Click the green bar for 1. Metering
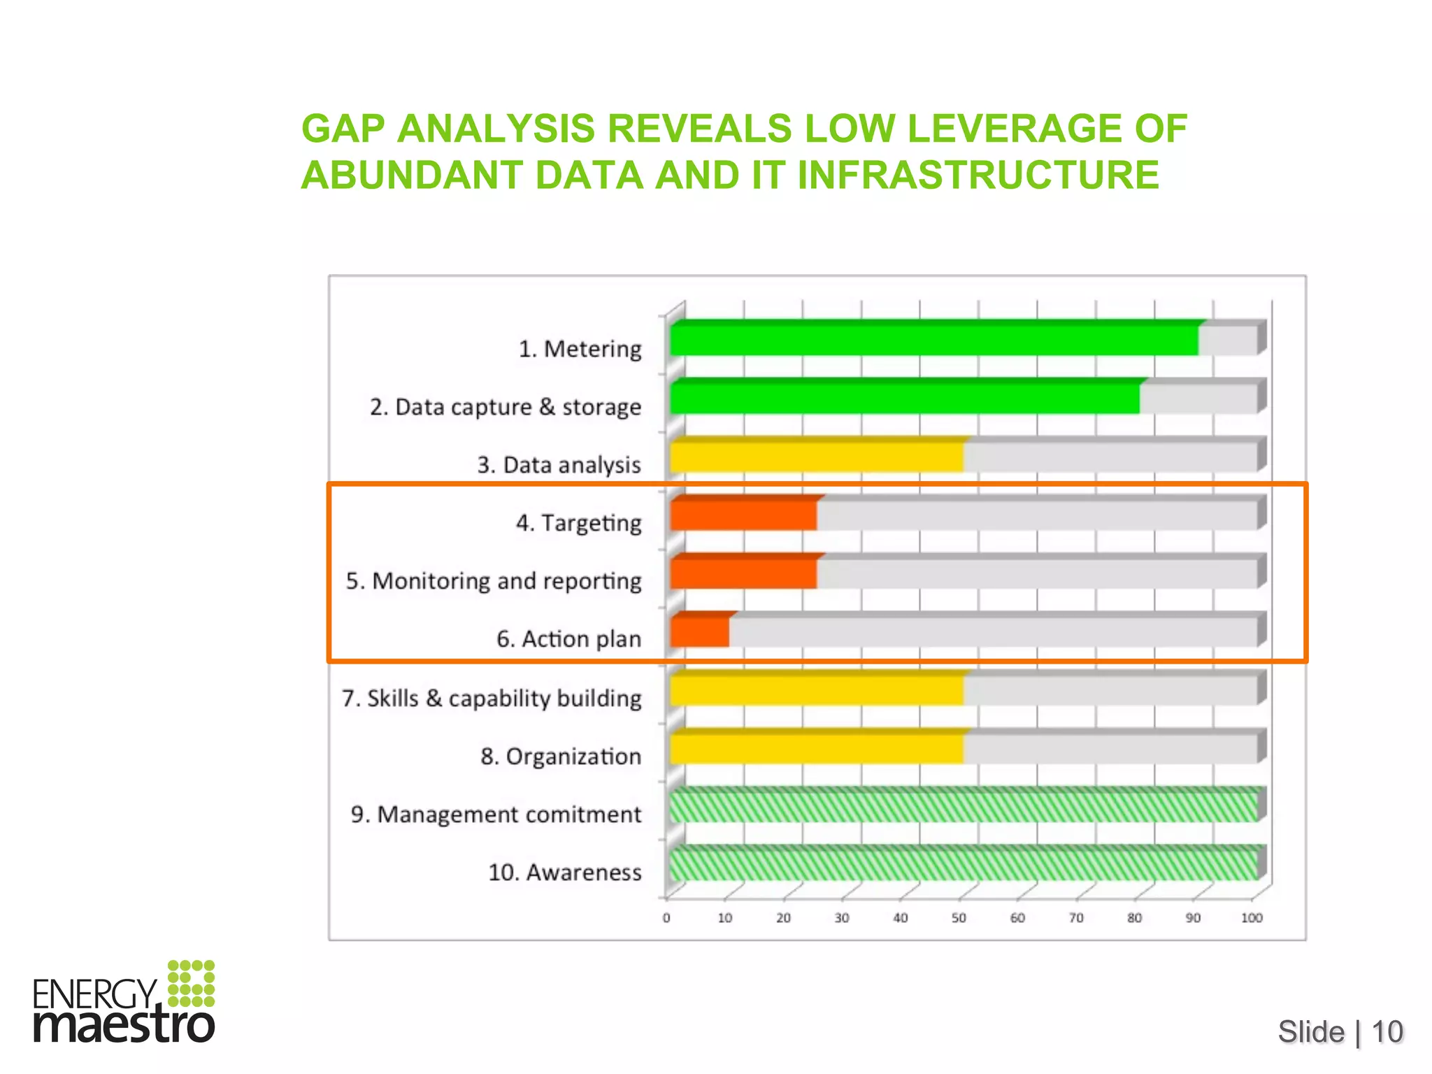coord(933,341)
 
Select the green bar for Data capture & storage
coord(904,399)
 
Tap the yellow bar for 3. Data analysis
coord(816,457)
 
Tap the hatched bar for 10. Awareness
coord(963,865)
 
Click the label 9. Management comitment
coord(496,815)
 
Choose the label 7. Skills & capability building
coord(492,699)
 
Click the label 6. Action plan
coord(568,639)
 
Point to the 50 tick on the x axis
coord(959,918)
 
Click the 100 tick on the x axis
coord(1252,918)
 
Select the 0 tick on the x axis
coord(666,918)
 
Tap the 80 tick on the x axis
coord(1134,918)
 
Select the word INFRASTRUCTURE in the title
coord(978,175)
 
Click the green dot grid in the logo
coord(191,983)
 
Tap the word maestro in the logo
coord(124,1025)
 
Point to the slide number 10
coord(1387,1032)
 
